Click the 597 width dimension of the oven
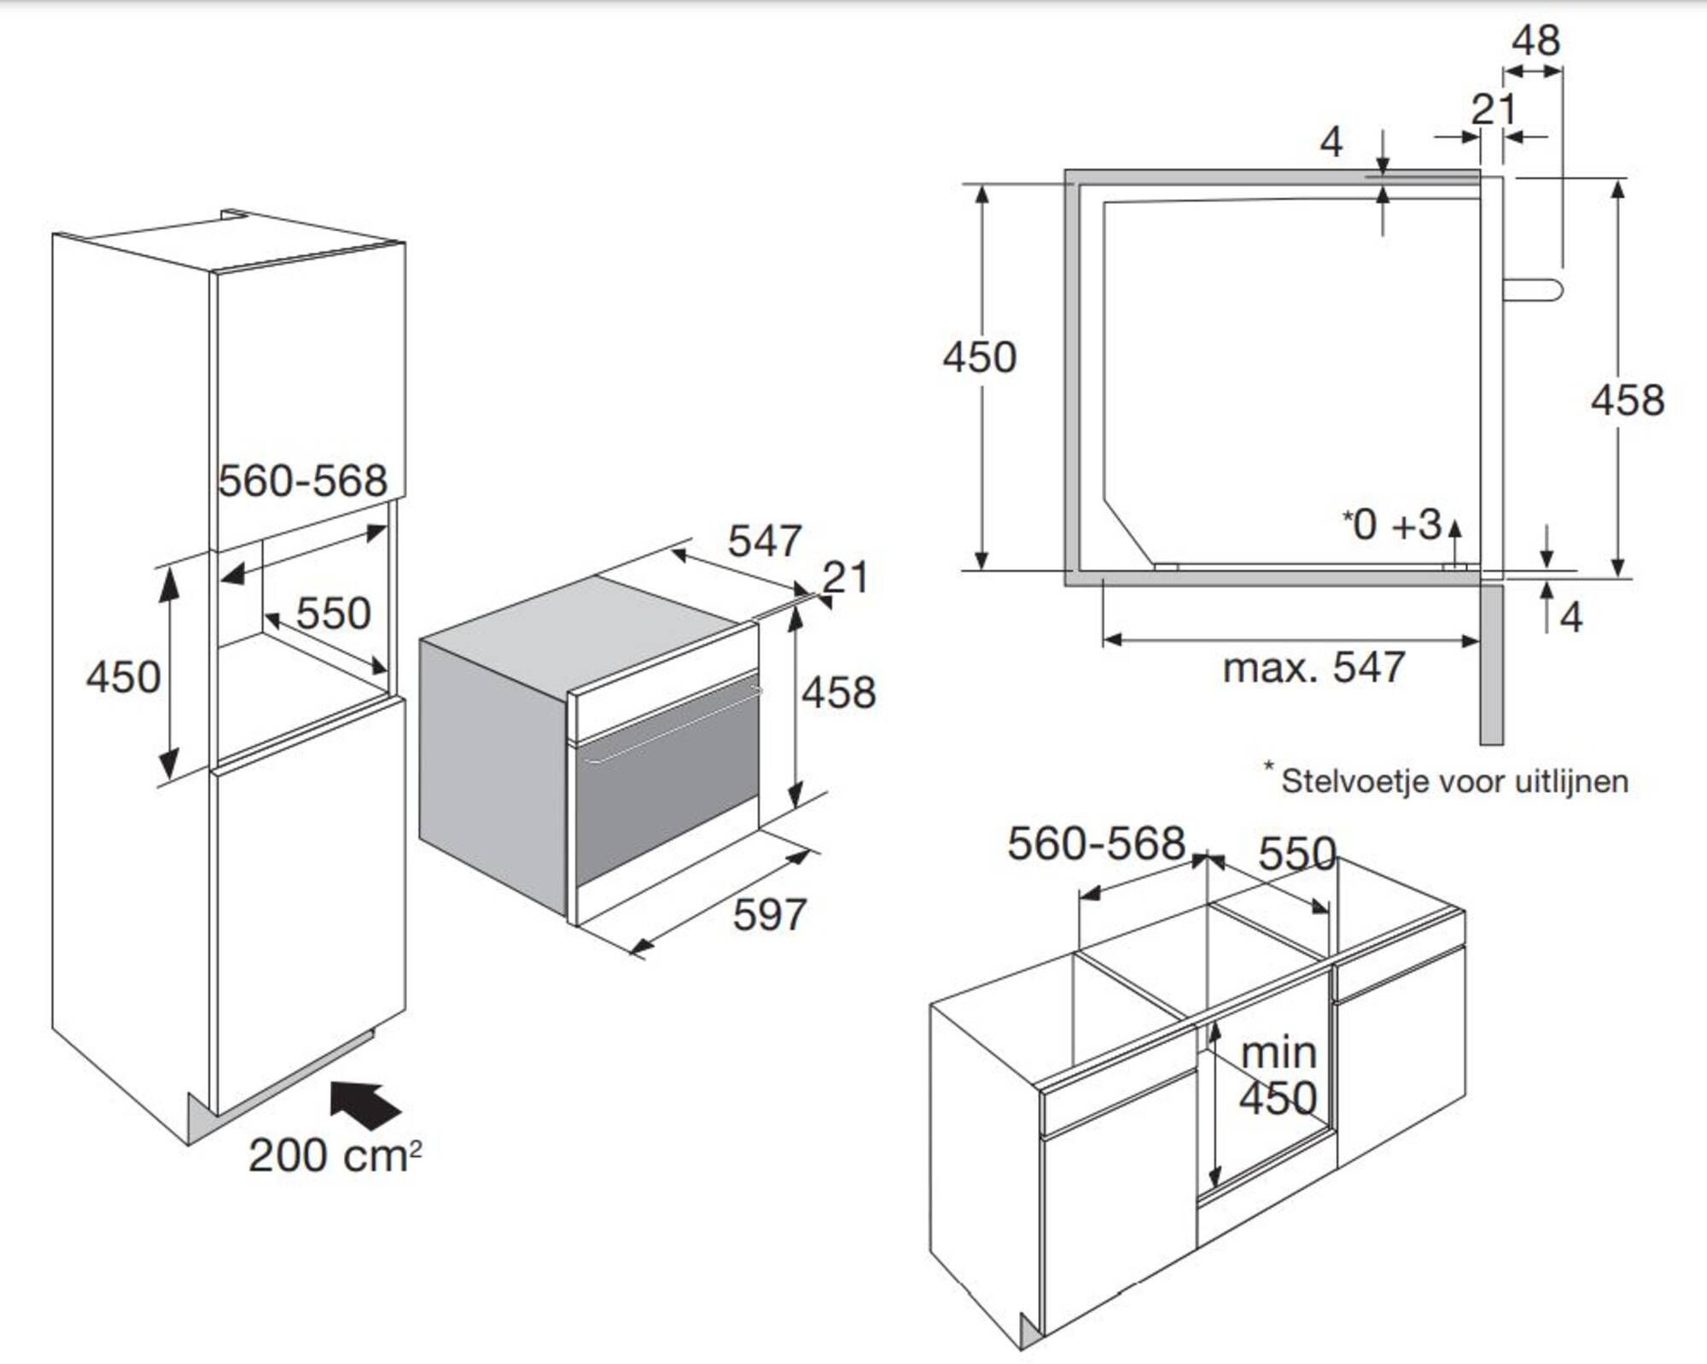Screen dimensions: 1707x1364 pyautogui.click(x=770, y=915)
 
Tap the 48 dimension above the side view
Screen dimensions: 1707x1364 pyautogui.click(x=1536, y=40)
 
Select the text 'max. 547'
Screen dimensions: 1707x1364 pyautogui.click(x=1314, y=667)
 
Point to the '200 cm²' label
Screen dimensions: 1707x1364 pyautogui.click(x=335, y=1156)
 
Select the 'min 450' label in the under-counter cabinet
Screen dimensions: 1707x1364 pyautogui.click(x=1278, y=1075)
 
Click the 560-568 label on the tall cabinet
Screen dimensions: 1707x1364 pyautogui.click(x=303, y=481)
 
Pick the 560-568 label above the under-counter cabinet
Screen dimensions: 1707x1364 pyautogui.click(x=1097, y=843)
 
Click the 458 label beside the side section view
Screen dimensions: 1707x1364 pyautogui.click(x=1628, y=400)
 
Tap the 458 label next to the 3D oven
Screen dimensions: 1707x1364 pyautogui.click(x=838, y=692)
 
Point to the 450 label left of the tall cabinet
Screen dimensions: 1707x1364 pyautogui.click(x=123, y=678)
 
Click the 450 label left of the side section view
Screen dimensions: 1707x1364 pyautogui.click(x=980, y=357)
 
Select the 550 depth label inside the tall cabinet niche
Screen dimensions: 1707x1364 pyautogui.click(x=334, y=613)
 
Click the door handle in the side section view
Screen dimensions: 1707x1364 pyautogui.click(x=1533, y=289)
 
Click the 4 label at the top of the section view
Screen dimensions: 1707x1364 pyautogui.click(x=1331, y=142)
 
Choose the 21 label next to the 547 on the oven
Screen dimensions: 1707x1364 pyautogui.click(x=845, y=578)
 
